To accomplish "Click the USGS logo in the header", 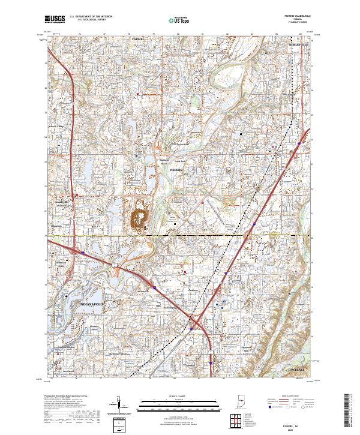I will click(x=55, y=20).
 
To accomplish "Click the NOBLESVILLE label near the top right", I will click(x=297, y=44).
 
